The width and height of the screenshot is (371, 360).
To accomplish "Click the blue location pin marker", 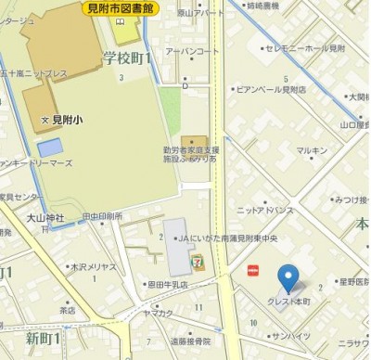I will tap(288, 278).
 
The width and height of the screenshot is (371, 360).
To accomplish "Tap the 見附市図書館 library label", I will tap(121, 7).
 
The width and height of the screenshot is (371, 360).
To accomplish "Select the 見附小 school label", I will tap(63, 122).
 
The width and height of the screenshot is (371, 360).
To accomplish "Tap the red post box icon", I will tap(253, 269).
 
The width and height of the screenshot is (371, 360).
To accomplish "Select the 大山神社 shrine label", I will tap(44, 218).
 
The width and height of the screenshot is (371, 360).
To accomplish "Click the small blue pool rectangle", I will tap(50, 148).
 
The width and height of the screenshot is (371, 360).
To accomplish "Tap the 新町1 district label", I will tap(43, 339).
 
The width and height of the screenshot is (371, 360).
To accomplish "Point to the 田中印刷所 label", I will tap(102, 216).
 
